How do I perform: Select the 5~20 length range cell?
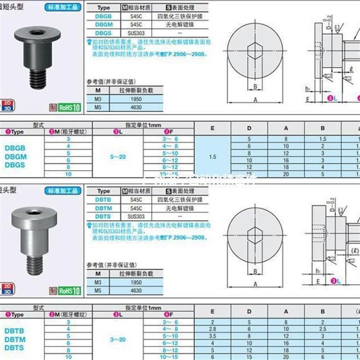[x=118, y=157]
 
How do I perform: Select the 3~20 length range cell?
[x=118, y=339]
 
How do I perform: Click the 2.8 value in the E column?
[x=213, y=329]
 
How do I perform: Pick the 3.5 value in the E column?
[x=213, y=336]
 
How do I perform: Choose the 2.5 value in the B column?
[x=323, y=329]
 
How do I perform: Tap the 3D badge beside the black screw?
[x=7, y=108]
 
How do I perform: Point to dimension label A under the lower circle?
[x=255, y=284]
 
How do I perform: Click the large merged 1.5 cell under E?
[x=213, y=157]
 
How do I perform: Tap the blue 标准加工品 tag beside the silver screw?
[x=63, y=190]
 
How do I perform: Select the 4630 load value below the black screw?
[x=136, y=108]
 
